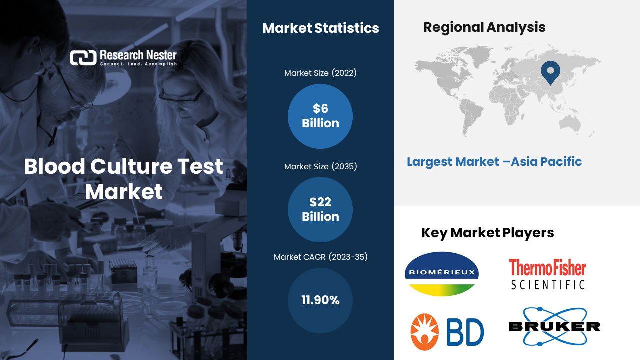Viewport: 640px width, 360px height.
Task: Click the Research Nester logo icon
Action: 83,58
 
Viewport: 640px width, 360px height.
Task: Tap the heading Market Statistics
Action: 321,28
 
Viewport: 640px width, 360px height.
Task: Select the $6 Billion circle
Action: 320,116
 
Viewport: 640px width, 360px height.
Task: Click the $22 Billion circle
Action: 320,209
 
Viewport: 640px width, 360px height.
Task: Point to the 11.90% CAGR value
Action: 320,300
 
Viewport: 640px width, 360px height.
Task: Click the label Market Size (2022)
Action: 320,73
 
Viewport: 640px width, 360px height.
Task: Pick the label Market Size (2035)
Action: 320,166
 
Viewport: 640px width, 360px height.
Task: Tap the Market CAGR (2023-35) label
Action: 320,257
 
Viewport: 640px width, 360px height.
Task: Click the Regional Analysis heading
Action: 484,27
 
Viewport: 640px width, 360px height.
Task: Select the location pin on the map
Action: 550,71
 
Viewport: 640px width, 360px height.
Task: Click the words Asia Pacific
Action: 546,162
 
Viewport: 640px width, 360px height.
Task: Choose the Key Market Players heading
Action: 487,233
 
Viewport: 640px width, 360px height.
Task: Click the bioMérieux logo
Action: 442,273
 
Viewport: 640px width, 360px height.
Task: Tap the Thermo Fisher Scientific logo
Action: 547,274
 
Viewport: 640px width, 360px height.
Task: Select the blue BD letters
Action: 465,332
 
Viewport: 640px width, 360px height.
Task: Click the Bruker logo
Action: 554,326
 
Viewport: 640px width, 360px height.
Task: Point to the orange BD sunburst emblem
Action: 425,332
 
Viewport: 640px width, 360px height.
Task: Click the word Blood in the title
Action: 54,166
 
